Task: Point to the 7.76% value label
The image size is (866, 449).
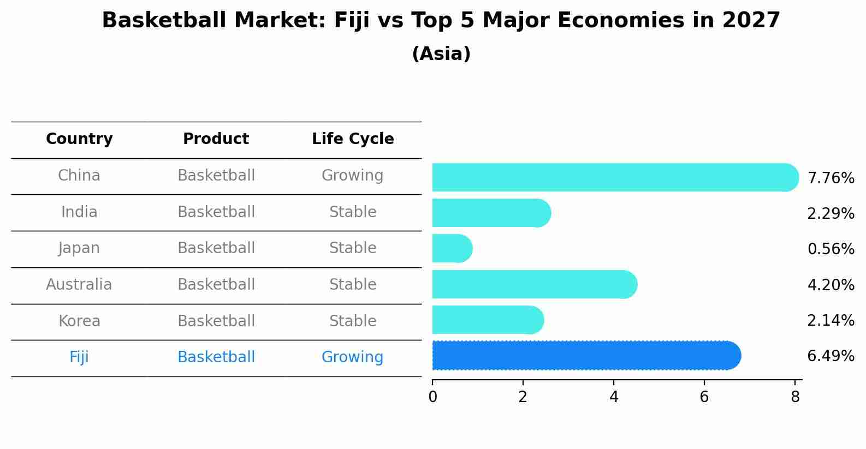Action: pyautogui.click(x=831, y=178)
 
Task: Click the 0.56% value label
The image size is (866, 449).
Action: pyautogui.click(x=831, y=249)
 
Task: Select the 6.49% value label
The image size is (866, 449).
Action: pyautogui.click(x=831, y=356)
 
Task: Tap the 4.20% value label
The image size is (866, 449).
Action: pyautogui.click(x=831, y=285)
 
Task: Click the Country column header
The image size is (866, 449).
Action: pyautogui.click(x=79, y=139)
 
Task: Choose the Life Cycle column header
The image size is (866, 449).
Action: pyautogui.click(x=353, y=139)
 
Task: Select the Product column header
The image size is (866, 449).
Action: pyautogui.click(x=216, y=139)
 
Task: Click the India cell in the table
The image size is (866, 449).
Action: pyautogui.click(x=79, y=212)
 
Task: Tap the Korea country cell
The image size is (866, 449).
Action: pyautogui.click(x=79, y=321)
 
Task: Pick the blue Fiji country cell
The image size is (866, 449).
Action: pyautogui.click(x=79, y=357)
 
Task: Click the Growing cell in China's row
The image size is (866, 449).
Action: pyautogui.click(x=352, y=176)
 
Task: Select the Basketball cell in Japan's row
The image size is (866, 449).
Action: pyautogui.click(x=216, y=248)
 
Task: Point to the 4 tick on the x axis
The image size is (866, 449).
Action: pyautogui.click(x=614, y=397)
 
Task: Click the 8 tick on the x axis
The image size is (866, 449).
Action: pyautogui.click(x=795, y=397)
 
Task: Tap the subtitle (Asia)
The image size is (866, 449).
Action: pyautogui.click(x=441, y=54)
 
